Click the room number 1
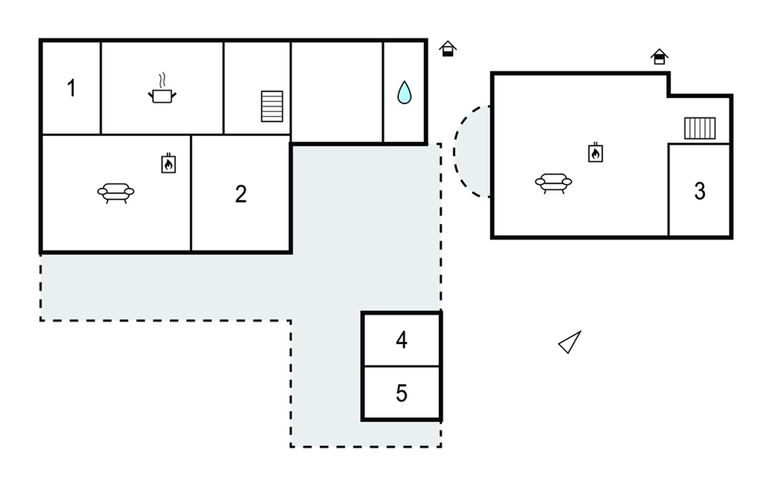(72, 88)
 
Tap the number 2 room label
(241, 194)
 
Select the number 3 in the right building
(700, 191)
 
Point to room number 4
(402, 340)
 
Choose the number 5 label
(402, 393)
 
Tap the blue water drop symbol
(404, 92)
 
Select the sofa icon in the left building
(116, 193)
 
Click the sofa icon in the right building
(553, 184)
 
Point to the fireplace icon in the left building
(168, 163)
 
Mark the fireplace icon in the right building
(595, 153)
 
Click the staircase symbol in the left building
(272, 106)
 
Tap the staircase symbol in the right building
(700, 128)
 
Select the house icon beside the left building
(448, 49)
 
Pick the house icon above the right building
(659, 57)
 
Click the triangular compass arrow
(570, 343)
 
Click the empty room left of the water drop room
(337, 92)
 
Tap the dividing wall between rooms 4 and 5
(402, 366)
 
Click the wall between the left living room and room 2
(191, 193)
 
